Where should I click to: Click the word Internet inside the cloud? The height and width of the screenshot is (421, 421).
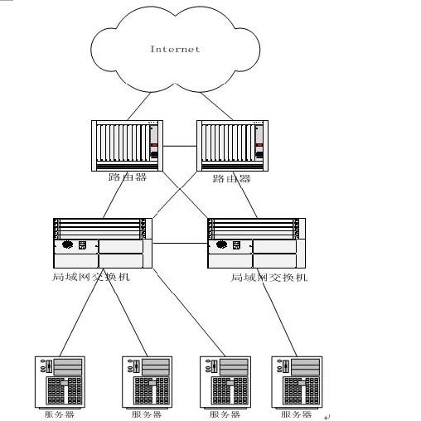tap(175, 49)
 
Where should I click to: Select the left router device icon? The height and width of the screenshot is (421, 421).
tap(127, 146)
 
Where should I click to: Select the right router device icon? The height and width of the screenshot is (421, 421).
tap(232, 146)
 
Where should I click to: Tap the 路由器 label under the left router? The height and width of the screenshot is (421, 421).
tap(128, 177)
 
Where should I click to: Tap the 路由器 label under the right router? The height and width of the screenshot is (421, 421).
tap(231, 178)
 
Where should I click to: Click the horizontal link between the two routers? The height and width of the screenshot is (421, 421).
tap(180, 146)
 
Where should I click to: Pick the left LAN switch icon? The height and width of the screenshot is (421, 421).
tap(103, 243)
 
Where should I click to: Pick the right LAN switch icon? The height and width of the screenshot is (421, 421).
tap(256, 243)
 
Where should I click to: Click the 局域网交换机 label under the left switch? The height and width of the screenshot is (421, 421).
tap(91, 277)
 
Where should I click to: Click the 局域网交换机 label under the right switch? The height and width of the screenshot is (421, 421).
tap(269, 278)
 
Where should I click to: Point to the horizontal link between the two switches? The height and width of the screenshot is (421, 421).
tap(180, 244)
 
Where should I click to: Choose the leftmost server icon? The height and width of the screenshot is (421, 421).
tap(60, 382)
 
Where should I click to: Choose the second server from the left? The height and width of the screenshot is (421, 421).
tap(147, 382)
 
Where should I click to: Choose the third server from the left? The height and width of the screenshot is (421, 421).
tap(225, 382)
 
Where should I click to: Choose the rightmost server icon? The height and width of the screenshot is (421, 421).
tap(297, 382)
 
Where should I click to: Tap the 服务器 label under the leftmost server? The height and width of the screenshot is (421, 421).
tap(60, 414)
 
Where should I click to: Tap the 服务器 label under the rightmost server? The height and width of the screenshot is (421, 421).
tap(296, 414)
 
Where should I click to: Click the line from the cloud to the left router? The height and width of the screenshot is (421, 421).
tap(139, 106)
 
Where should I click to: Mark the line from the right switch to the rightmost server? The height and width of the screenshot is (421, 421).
tap(277, 312)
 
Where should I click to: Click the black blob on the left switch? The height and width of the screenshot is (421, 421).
tap(67, 244)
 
